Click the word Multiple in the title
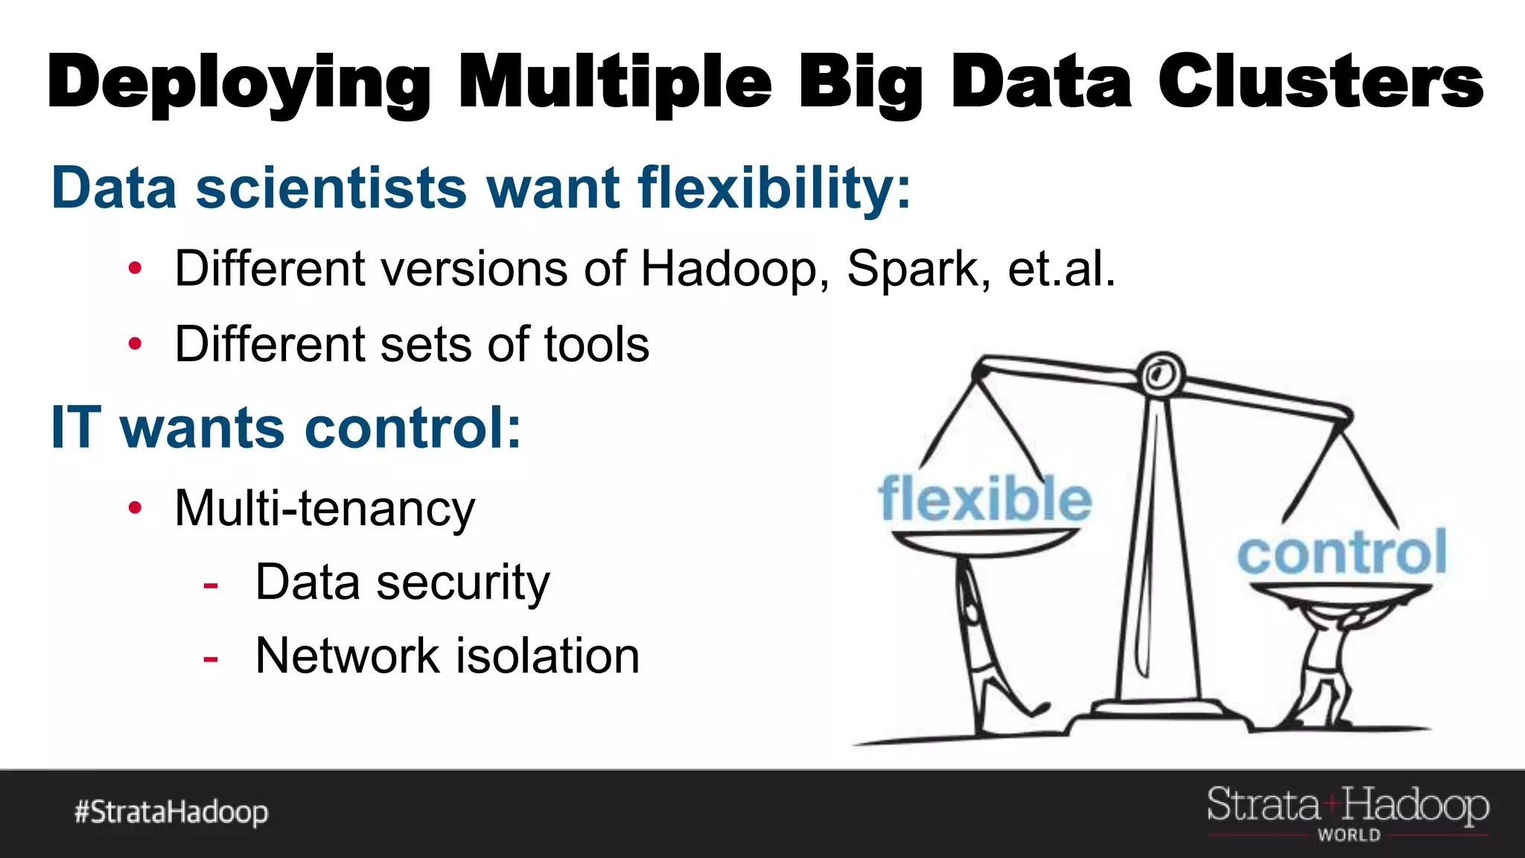[615, 82]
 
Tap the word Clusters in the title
[1320, 82]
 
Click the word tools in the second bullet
[596, 344]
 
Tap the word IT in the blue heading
[75, 428]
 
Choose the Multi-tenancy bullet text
[325, 509]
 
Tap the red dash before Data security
[211, 585]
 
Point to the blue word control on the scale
[1342, 553]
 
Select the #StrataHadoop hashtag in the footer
[171, 812]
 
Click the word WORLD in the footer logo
[1349, 836]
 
